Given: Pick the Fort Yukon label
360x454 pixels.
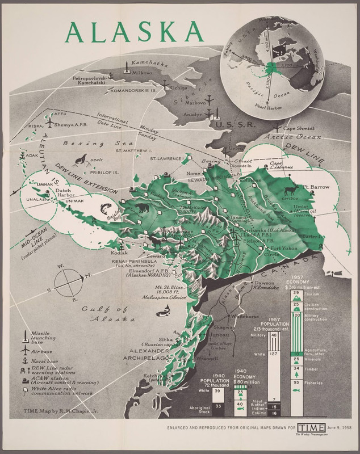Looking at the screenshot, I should (284, 249).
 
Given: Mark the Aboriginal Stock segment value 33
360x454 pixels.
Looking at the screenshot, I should (218, 406).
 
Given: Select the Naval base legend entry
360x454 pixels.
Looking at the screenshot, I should (43, 361).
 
